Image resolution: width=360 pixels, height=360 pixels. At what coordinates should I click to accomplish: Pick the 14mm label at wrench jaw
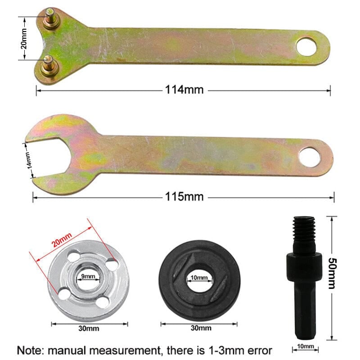click(28, 160)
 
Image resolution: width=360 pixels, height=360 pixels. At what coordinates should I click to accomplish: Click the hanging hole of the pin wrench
click(307, 47)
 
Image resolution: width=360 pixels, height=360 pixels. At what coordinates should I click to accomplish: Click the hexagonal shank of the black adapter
click(305, 306)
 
